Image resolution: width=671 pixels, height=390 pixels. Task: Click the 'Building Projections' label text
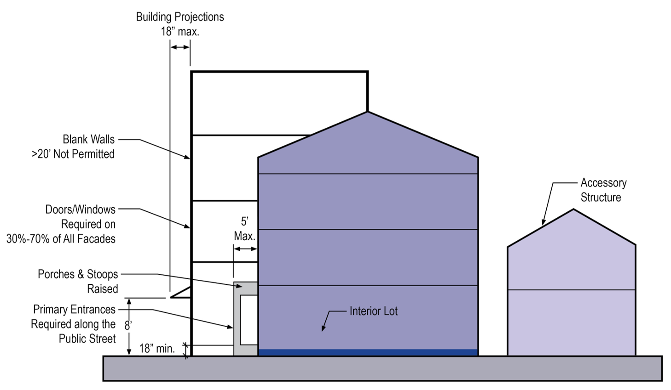click(179, 17)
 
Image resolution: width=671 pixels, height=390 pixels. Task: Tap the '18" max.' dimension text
click(179, 32)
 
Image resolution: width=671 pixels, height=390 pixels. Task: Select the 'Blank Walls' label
click(88, 139)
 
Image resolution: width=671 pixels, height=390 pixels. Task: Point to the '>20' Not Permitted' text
click(73, 154)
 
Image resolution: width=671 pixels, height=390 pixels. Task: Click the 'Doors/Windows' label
click(80, 209)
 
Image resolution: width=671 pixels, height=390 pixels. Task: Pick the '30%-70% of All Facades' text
click(61, 239)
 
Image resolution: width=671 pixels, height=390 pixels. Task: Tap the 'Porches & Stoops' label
click(78, 274)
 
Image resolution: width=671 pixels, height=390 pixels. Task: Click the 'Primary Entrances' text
click(74, 309)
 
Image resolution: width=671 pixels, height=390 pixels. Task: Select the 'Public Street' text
click(87, 339)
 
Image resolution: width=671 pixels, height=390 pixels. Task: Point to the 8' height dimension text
click(128, 326)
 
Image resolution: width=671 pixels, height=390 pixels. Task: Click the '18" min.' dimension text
click(157, 349)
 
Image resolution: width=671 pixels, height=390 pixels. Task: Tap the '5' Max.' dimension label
click(244, 229)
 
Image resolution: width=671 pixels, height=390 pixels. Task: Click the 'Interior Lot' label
click(373, 311)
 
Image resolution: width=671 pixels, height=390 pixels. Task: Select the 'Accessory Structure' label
click(603, 190)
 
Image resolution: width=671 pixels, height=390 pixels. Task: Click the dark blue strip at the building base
click(368, 352)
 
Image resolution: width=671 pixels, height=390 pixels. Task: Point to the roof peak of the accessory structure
click(573, 210)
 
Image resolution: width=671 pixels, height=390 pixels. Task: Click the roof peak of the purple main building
click(367, 113)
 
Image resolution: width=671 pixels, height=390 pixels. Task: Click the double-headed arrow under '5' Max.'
click(245, 249)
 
